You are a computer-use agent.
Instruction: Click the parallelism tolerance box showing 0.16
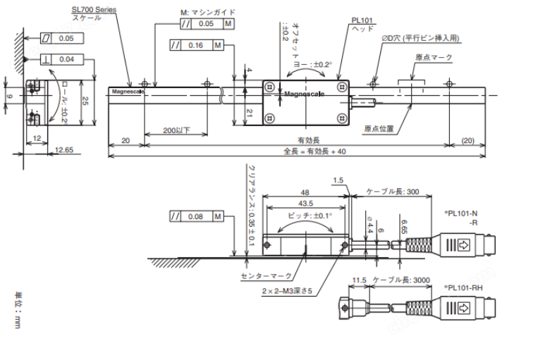coord(196,46)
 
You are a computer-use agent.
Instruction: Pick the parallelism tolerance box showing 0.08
coord(196,216)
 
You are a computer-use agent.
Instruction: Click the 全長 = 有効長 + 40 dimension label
coord(314,151)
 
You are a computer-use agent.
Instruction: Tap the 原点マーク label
coord(434,57)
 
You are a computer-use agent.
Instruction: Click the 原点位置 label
coord(379,128)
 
